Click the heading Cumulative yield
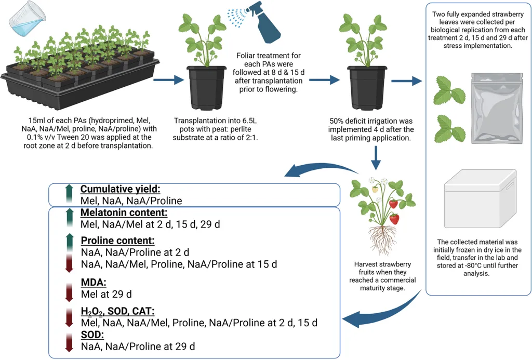point(121,190)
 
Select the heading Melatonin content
point(123,212)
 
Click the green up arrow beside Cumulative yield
point(69,194)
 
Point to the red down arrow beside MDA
point(69,292)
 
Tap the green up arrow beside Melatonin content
point(69,218)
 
